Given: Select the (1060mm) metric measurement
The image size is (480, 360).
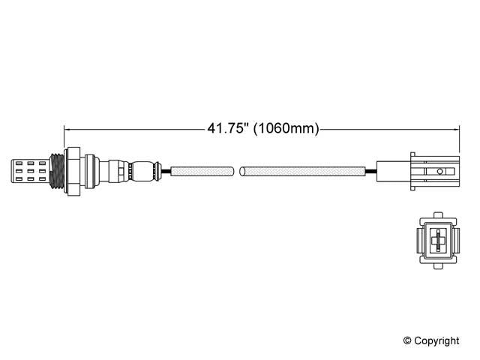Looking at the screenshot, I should (286, 128).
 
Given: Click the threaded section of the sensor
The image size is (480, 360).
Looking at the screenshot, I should (54, 171).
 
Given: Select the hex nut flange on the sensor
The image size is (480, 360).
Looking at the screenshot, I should (71, 171).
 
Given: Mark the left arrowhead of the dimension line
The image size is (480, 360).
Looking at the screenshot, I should (67, 128).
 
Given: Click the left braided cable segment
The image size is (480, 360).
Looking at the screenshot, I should (202, 172).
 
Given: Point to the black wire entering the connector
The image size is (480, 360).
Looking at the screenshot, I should (370, 172).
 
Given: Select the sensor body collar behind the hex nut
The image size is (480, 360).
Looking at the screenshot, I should (90, 171).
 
